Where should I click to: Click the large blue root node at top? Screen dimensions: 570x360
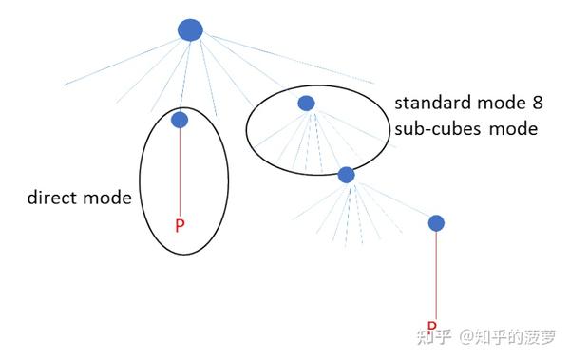pyautogui.click(x=190, y=29)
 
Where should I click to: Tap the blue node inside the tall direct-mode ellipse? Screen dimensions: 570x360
pyautogui.click(x=179, y=120)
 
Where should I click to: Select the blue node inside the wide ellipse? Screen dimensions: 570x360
pyautogui.click(x=306, y=103)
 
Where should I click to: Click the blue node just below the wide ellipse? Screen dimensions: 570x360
pyautogui.click(x=346, y=175)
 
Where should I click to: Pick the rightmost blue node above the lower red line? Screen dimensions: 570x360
pyautogui.click(x=436, y=223)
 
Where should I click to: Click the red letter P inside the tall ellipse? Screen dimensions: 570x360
pyautogui.click(x=179, y=226)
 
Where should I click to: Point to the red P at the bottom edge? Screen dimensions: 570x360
pyautogui.click(x=431, y=326)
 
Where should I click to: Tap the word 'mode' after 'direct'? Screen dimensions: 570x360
pyautogui.click(x=108, y=199)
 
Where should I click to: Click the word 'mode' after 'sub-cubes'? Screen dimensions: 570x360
pyautogui.click(x=513, y=128)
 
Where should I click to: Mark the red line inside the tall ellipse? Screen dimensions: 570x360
pyautogui.click(x=179, y=171)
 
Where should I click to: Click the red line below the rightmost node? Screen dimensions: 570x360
pyautogui.click(x=436, y=275)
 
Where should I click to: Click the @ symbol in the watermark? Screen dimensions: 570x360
pyautogui.click(x=467, y=337)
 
